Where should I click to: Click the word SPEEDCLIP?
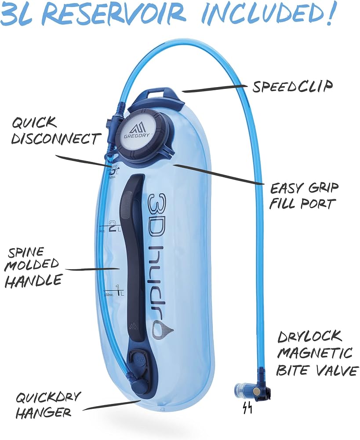(292, 86)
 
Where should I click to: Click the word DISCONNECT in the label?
(55, 139)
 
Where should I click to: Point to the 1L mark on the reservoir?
(120, 290)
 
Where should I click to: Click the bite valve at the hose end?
(252, 390)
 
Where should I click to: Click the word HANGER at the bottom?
(43, 413)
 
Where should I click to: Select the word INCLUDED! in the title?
(268, 14)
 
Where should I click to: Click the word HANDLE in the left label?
(33, 281)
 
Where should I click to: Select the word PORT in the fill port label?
(318, 204)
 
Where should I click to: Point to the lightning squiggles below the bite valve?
(247, 409)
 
